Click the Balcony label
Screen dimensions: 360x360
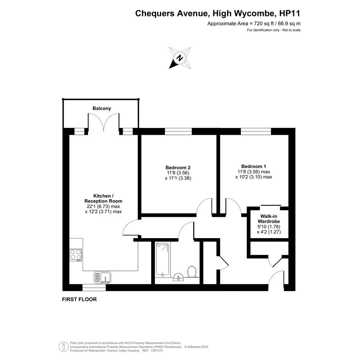tap(102, 108)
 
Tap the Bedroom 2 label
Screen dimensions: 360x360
tap(178, 168)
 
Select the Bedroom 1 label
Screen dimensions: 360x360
tap(254, 166)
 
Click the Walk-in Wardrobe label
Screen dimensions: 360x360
tap(269, 219)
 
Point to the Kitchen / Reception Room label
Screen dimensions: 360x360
tap(103, 198)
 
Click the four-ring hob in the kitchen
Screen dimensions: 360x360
tap(76, 255)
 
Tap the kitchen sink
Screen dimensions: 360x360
tap(102, 277)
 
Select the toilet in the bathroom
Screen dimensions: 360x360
tap(192, 272)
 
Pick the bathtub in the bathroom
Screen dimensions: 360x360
tap(163, 259)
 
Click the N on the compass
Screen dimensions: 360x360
tap(180, 58)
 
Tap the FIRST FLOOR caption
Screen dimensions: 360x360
tap(80, 299)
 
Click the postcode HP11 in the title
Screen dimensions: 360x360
tap(290, 13)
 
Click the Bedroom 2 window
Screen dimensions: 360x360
tap(178, 131)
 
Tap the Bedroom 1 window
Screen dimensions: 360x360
tap(256, 131)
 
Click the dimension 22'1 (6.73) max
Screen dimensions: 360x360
tap(103, 206)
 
